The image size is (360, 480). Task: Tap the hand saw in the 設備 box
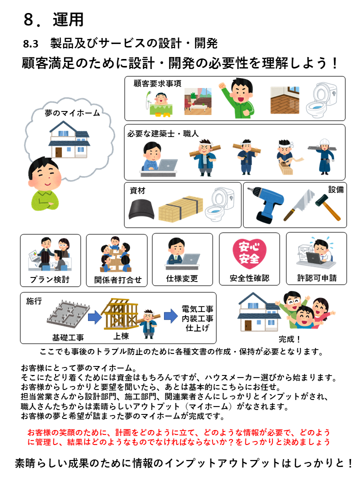coord(299,204)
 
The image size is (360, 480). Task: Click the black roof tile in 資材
coord(141,209)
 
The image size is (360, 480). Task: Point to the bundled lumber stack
coord(180,208)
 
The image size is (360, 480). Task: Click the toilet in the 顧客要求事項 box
coord(321,100)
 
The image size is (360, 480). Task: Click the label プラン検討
coord(49,279)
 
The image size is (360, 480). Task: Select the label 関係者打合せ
coord(117,280)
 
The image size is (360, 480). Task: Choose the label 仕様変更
coord(182,278)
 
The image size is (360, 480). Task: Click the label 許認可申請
coord(317,278)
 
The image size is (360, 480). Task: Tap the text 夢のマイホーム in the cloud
coord(72,113)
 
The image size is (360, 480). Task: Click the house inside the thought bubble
coord(69,139)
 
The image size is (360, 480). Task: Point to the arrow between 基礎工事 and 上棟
coord(95,317)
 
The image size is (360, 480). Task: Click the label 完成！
coord(289,339)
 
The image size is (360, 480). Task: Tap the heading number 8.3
coord(30,44)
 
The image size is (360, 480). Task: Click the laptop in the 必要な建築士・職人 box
coord(167,165)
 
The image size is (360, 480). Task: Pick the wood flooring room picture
coord(284,100)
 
